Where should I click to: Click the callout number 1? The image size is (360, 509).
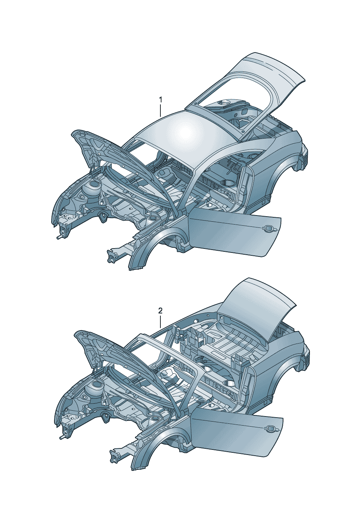(x=160, y=99)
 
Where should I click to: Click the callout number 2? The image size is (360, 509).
(x=160, y=311)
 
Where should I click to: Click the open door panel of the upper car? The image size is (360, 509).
(x=234, y=232)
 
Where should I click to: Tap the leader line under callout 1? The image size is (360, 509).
(x=160, y=110)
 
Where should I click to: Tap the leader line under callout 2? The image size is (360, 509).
(x=160, y=321)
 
